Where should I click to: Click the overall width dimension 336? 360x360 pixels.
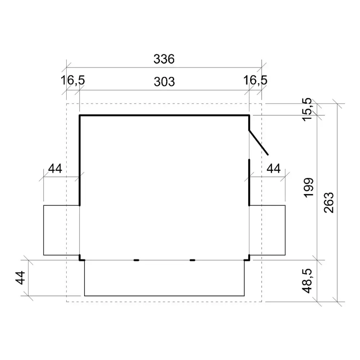pos(164,59)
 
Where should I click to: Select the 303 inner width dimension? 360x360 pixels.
pos(164,82)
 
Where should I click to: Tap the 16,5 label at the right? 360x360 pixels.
pos(255,81)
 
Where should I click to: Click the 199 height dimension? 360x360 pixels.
pos(309,187)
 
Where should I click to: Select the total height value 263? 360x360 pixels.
pos(329,202)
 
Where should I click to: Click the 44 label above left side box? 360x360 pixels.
pos(55,168)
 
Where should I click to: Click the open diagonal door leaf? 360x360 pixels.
pos(258,143)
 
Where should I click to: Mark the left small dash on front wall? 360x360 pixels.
pos(136,260)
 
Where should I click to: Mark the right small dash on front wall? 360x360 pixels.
pos(193,260)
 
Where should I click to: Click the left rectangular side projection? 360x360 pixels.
pos(61,230)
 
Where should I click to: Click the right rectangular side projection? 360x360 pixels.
pos(267,230)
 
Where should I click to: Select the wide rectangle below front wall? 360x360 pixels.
pos(164,278)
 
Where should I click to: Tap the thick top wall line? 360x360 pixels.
pos(164,115)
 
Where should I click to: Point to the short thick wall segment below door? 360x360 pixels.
pos(249,182)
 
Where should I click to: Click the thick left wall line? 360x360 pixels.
pos(80,160)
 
